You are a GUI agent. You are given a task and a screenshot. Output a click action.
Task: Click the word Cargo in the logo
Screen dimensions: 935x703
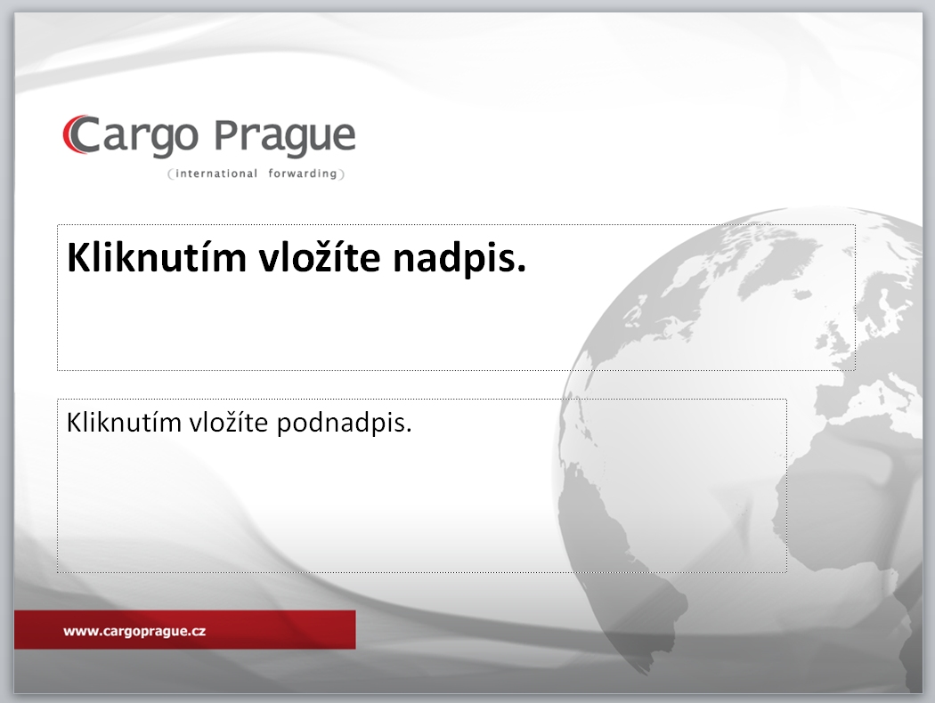pos(131,136)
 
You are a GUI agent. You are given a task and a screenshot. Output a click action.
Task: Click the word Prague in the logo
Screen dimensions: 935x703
pos(285,138)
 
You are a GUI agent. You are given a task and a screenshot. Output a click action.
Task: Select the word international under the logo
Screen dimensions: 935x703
pos(216,174)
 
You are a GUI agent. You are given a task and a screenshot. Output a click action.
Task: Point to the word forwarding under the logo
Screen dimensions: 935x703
pos(303,174)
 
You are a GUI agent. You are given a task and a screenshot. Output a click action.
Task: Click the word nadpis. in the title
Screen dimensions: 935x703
pos(459,259)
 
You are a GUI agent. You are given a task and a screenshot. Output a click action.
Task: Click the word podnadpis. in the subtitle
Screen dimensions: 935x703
pos(344,424)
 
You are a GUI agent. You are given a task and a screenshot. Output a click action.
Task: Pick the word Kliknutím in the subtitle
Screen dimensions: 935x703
pos(124,423)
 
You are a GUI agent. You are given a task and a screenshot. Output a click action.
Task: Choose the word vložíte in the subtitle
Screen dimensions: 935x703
pos(229,422)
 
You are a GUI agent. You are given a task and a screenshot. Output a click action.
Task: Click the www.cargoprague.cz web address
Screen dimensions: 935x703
pos(134,632)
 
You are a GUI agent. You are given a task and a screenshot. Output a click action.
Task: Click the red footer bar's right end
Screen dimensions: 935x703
pos(354,629)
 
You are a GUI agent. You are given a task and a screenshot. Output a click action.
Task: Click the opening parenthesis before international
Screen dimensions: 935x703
pos(171,174)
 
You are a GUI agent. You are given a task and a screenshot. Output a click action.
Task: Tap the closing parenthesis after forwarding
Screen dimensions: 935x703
pos(342,174)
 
